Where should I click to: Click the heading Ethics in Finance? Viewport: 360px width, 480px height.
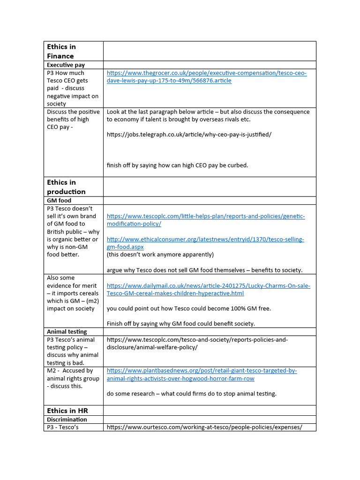click(61, 51)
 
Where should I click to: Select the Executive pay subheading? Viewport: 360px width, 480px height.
click(66, 65)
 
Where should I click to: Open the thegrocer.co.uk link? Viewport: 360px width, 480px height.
click(206, 77)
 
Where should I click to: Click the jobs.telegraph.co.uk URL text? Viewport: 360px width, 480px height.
click(189, 135)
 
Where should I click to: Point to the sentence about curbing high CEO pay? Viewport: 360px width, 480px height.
click(177, 165)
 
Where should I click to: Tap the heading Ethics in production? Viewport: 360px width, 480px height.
click(66, 187)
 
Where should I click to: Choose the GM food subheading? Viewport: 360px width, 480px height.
click(59, 201)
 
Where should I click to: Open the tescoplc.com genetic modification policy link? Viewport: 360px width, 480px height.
click(205, 220)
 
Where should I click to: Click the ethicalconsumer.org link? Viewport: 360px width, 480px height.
click(205, 243)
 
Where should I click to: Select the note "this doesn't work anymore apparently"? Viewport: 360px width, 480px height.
click(160, 255)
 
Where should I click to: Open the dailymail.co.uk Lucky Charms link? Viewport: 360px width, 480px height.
click(208, 289)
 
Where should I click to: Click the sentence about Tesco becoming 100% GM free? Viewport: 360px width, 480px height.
click(189, 308)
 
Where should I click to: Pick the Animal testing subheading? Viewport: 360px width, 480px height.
click(67, 332)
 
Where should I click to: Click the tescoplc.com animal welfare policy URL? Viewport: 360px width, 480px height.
click(197, 343)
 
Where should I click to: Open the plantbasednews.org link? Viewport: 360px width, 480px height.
click(202, 375)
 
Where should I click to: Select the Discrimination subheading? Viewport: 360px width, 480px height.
click(67, 420)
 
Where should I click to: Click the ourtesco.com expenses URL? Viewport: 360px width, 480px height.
click(204, 427)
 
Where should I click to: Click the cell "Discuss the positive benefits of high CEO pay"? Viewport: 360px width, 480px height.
click(73, 119)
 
